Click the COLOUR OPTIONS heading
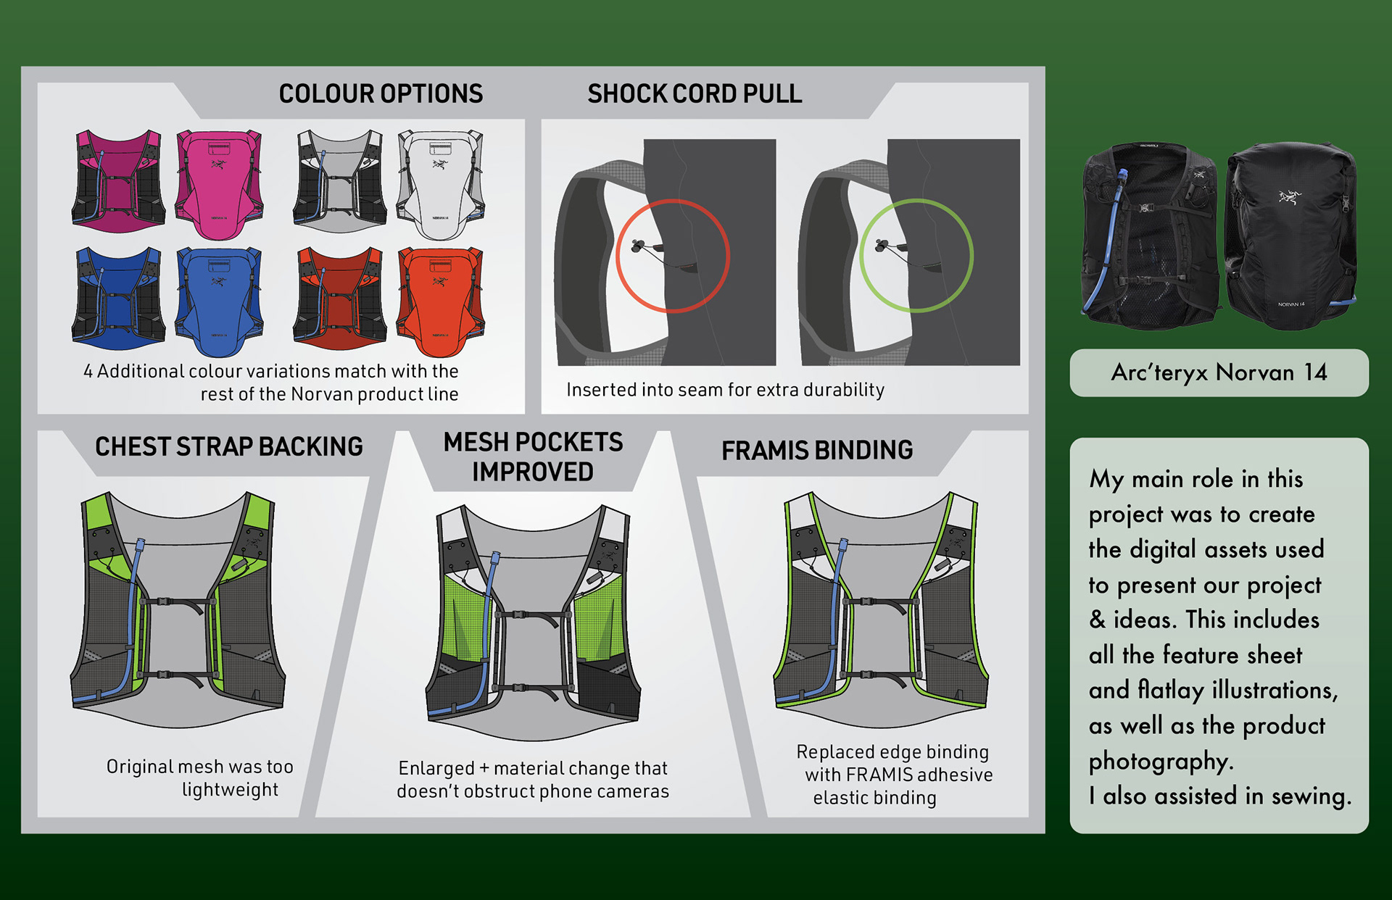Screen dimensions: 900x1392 click(x=381, y=94)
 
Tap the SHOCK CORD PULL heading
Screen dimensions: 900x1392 click(x=694, y=94)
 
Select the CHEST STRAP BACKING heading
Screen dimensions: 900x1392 click(x=228, y=447)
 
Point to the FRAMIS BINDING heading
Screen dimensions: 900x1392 click(x=816, y=451)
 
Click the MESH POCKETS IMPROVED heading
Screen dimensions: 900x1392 click(x=533, y=457)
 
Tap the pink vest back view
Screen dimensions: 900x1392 click(x=219, y=185)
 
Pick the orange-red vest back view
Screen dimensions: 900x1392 click(x=440, y=301)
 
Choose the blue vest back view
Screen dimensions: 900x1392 click(x=219, y=301)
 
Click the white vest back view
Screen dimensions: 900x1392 click(x=440, y=185)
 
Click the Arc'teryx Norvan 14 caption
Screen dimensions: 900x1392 click(x=1219, y=372)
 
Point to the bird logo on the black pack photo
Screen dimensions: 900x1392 click(x=1290, y=196)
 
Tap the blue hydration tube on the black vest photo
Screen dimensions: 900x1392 click(x=1103, y=246)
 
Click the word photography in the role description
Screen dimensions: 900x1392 click(x=1160, y=761)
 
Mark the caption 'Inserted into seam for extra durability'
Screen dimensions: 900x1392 click(x=725, y=390)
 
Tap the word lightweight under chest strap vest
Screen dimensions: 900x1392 click(x=230, y=790)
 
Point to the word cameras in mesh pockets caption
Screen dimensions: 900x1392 click(x=634, y=791)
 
